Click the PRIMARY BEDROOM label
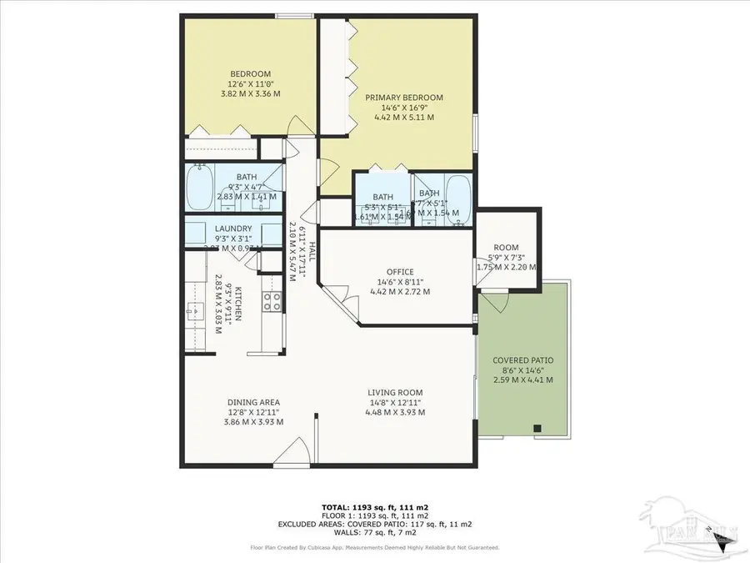(x=404, y=98)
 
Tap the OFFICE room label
(x=400, y=272)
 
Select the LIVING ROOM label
(x=396, y=392)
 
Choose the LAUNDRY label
(x=233, y=229)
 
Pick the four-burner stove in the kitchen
(x=272, y=302)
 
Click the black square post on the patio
(x=537, y=429)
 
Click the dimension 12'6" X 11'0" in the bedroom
(x=250, y=84)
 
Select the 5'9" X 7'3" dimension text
(x=506, y=257)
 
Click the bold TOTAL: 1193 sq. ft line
(x=375, y=506)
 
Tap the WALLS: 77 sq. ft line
(x=375, y=533)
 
